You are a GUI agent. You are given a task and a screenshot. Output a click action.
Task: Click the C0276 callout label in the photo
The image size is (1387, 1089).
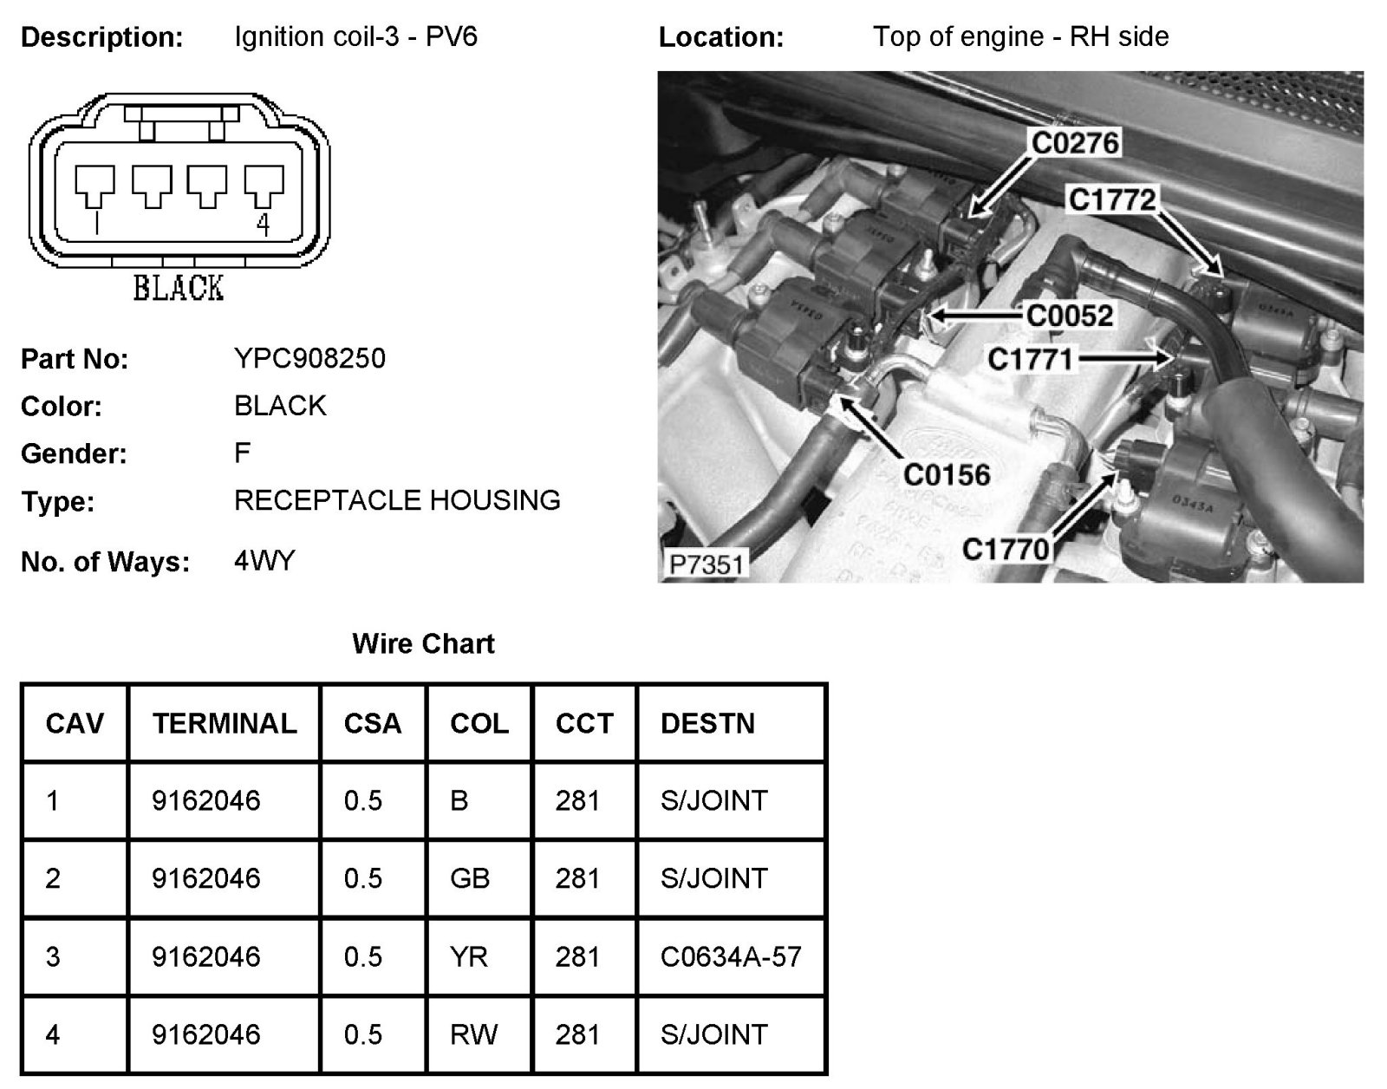[x=1075, y=142]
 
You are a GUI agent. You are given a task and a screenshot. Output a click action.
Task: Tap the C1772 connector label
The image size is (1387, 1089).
[x=1112, y=199]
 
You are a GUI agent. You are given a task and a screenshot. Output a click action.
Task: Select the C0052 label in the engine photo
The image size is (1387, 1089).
[x=1069, y=315]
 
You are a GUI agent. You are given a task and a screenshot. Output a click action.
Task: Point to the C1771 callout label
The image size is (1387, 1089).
[x=1031, y=358]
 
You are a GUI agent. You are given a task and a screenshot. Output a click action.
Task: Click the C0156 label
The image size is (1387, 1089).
[x=947, y=474]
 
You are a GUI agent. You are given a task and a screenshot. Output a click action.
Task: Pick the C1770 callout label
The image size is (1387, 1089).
[x=1006, y=548]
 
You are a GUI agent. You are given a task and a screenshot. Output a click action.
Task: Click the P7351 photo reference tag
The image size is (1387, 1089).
[x=707, y=564]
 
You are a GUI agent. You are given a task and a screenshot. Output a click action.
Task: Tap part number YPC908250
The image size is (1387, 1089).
[x=309, y=358]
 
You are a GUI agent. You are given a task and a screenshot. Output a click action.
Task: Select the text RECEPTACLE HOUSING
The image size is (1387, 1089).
[x=397, y=500]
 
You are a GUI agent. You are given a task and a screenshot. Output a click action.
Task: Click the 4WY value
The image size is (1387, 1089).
[x=264, y=561]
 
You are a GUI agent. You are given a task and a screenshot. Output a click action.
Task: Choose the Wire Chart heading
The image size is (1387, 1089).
[x=423, y=643]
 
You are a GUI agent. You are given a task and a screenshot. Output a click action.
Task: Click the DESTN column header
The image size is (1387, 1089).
[x=707, y=723]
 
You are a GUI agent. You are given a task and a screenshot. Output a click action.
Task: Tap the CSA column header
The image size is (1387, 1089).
[x=373, y=723]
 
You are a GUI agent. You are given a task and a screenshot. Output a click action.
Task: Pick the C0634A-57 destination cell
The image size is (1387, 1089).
[x=731, y=956]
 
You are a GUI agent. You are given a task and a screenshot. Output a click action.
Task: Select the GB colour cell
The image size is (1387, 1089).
[x=470, y=878]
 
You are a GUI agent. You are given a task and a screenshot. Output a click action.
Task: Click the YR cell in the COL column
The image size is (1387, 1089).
[x=469, y=956]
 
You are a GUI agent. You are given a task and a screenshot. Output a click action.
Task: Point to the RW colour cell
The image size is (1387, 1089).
[x=473, y=1034]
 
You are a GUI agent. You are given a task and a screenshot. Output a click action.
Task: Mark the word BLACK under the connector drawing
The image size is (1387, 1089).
[x=178, y=287]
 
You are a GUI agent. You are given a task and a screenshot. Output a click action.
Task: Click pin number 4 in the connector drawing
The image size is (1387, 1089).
[x=264, y=225]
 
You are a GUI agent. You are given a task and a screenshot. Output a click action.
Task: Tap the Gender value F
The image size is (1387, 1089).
[x=242, y=453]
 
